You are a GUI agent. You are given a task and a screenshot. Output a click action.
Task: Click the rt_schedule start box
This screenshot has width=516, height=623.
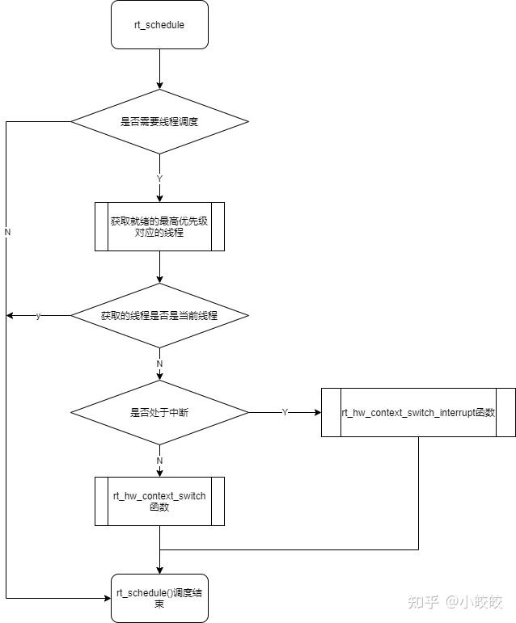(x=159, y=25)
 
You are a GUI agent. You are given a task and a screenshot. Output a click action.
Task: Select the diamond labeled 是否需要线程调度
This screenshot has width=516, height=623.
(x=159, y=122)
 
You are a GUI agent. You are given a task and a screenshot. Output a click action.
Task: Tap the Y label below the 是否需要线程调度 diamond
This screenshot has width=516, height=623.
(x=159, y=178)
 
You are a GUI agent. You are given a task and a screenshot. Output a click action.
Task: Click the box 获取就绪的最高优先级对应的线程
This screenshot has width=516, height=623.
(x=159, y=226)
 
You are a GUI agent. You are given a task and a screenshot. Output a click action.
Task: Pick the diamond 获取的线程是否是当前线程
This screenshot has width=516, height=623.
(x=159, y=316)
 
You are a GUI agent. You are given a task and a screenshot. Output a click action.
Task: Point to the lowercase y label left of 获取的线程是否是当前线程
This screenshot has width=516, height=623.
(x=38, y=316)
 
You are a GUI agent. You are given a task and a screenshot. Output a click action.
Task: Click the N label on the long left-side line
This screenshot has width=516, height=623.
(x=7, y=232)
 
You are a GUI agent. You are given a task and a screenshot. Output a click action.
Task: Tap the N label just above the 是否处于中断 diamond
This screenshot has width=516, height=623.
(x=159, y=364)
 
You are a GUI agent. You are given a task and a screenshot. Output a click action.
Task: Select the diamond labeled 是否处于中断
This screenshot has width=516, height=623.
(x=159, y=412)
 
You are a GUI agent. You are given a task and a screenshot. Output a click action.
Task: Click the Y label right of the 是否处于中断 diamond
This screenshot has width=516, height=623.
(x=285, y=412)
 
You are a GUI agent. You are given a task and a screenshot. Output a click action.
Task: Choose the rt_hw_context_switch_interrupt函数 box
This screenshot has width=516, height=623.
(x=418, y=412)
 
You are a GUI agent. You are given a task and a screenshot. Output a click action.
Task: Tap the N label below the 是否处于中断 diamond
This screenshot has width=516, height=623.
(x=159, y=460)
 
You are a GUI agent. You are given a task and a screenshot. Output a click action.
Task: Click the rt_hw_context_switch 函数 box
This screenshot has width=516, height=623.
(x=159, y=501)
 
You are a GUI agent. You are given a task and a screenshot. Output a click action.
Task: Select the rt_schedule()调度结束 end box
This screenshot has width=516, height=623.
(x=159, y=598)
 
